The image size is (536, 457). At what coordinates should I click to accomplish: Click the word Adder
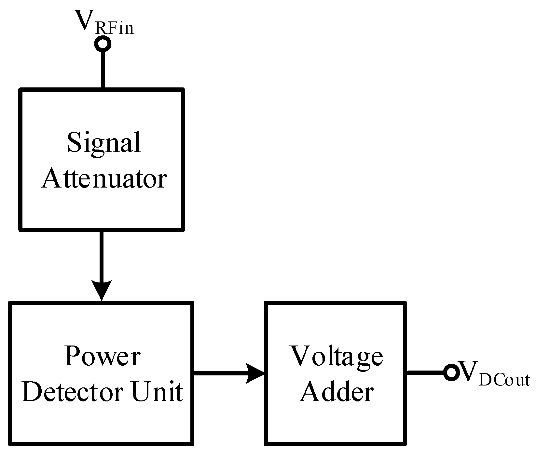tap(337, 392)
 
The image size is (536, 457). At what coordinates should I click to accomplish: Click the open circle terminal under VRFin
tap(103, 43)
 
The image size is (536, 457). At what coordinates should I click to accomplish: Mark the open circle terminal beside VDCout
tap(452, 373)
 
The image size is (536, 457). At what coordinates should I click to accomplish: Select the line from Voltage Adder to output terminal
tap(425, 373)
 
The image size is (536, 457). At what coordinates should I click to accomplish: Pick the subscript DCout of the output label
tap(505, 380)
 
